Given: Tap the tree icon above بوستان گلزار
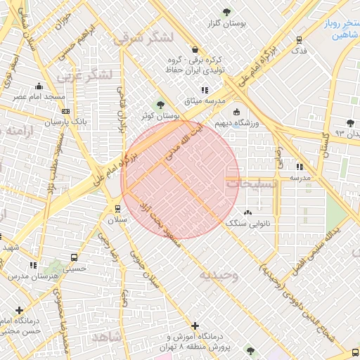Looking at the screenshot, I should pyautogui.click(x=226, y=12).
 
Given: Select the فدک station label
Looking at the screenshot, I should pyautogui.click(x=299, y=51).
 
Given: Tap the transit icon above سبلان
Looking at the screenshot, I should pyautogui.click(x=117, y=208).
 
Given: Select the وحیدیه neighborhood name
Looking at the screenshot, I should pyautogui.click(x=218, y=275).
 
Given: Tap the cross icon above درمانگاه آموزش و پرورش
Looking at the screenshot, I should pyautogui.click(x=195, y=326).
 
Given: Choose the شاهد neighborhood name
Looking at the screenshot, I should pyautogui.click(x=105, y=337).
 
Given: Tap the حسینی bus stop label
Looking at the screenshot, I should pyautogui.click(x=75, y=268).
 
